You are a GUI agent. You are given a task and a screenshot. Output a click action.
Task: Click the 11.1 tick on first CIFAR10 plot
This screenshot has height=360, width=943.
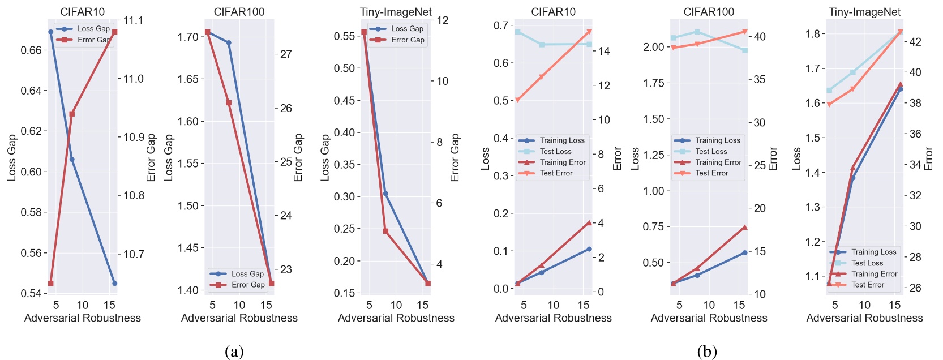(134, 20)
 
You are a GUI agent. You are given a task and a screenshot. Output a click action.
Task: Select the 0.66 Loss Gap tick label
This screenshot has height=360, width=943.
(31, 50)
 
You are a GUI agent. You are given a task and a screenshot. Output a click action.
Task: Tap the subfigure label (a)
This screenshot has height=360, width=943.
(234, 352)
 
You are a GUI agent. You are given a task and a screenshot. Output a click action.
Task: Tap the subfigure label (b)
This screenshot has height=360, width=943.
(707, 352)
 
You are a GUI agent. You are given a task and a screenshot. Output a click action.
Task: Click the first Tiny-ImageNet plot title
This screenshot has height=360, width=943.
(396, 12)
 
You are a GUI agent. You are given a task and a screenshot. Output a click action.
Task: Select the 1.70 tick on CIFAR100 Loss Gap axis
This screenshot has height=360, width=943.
(188, 37)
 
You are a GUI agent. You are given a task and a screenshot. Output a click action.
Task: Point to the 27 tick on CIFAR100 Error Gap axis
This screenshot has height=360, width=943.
(286, 54)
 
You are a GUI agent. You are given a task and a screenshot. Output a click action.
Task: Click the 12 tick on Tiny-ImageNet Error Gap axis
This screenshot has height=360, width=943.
(442, 20)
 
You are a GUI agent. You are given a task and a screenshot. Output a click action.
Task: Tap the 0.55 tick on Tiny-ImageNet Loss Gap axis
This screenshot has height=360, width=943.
(344, 36)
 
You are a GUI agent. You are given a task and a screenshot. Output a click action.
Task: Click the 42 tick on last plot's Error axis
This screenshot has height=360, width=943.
(915, 42)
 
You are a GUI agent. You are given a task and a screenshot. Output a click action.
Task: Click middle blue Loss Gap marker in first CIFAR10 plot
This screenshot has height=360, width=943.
(72, 160)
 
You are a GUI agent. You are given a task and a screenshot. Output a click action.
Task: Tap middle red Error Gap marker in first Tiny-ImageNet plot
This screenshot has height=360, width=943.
(385, 231)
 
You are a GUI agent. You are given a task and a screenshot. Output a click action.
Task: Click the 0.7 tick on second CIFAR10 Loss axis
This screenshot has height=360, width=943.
(500, 25)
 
